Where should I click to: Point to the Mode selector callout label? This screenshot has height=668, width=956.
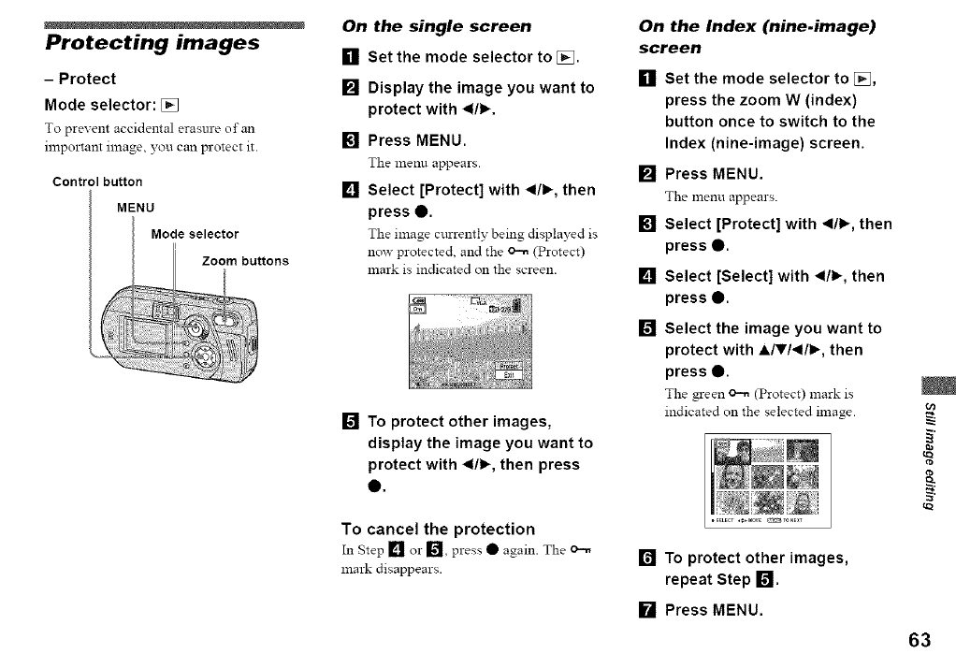[x=195, y=234]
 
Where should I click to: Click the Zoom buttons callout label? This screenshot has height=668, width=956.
[x=245, y=260]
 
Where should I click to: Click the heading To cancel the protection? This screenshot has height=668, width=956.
[x=438, y=529]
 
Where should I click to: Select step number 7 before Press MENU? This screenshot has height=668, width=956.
[x=646, y=612]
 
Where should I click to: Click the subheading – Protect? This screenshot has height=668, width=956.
[x=80, y=79]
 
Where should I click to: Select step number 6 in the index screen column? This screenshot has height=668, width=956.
[x=646, y=559]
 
